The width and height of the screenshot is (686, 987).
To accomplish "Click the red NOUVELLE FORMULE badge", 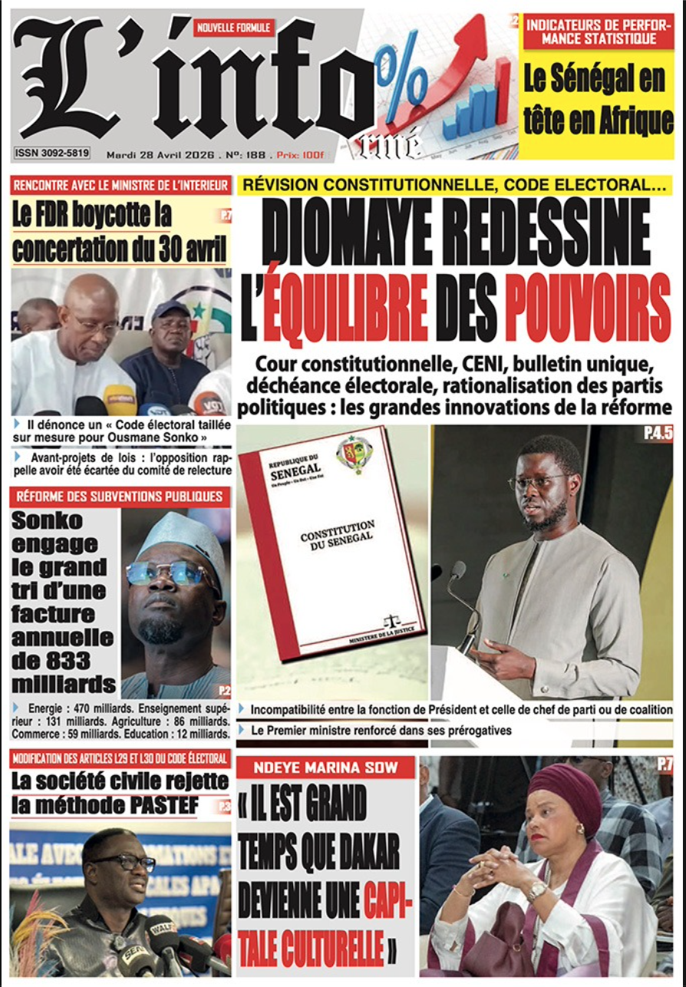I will point(233,28).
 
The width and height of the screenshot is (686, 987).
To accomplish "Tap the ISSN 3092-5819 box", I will point(51,153).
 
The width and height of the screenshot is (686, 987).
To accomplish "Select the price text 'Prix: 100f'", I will point(301,154).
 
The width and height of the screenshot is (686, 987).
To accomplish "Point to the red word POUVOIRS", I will point(587,313).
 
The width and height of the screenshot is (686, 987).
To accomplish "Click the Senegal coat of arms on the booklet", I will point(355,453).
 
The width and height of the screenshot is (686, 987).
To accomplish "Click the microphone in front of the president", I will point(459,572).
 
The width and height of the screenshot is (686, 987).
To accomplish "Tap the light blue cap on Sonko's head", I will point(183,536).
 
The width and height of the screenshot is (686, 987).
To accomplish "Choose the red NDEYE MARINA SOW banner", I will point(325,767).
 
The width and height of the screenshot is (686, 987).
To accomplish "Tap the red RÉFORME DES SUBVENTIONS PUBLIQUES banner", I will point(120,497).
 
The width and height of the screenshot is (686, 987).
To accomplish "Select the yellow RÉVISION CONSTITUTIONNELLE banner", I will point(455,185).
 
